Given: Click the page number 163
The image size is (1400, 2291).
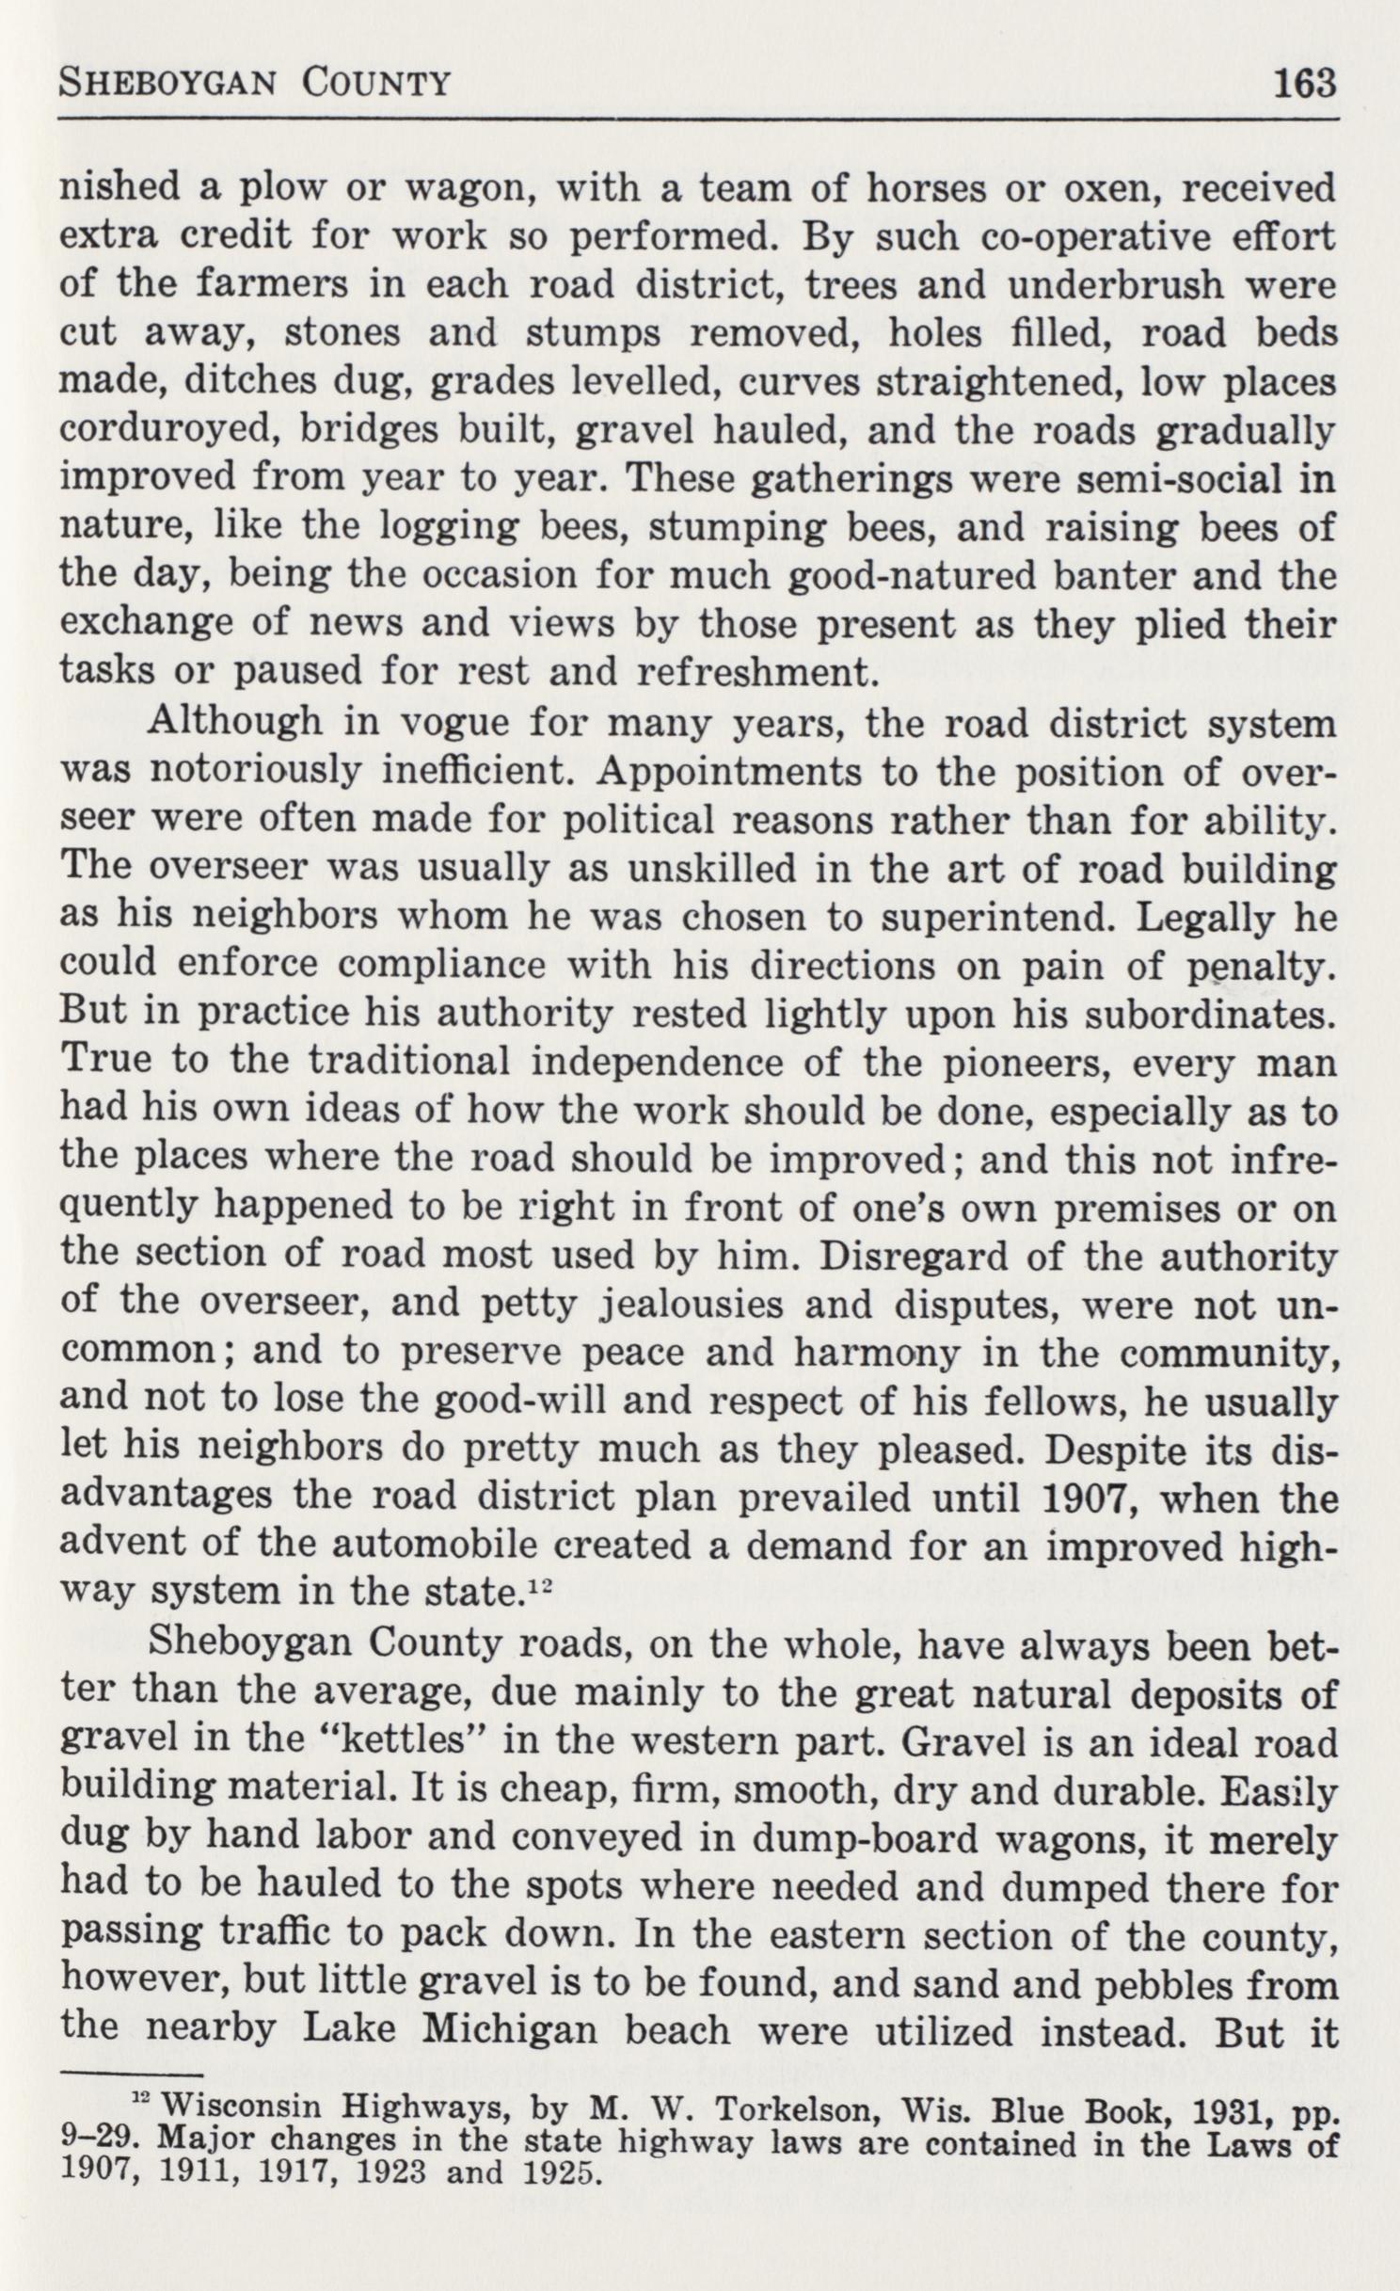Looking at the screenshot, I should click(1304, 84).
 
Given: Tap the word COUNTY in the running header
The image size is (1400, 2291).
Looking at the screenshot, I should click(376, 85).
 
